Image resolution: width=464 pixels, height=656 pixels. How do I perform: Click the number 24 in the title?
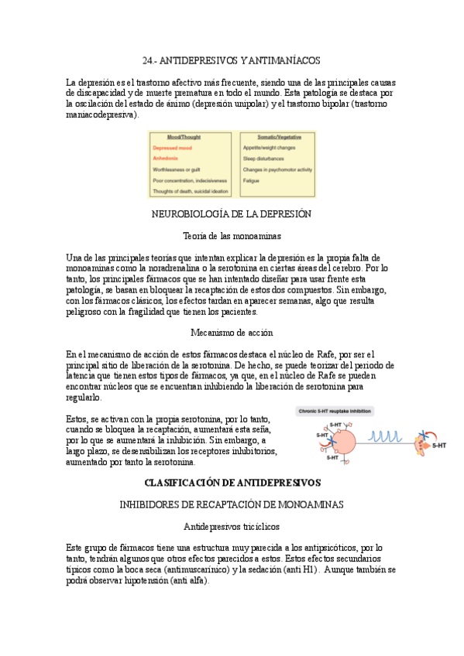click(149, 60)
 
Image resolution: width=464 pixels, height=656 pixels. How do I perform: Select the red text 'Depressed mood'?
click(173, 147)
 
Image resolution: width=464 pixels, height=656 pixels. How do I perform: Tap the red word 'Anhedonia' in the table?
click(166, 158)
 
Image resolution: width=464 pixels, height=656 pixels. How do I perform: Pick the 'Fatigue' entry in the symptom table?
click(251, 180)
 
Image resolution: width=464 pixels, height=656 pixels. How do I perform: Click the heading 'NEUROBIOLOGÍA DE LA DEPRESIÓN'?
click(232, 213)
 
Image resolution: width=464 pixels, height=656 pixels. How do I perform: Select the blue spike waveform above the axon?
click(384, 437)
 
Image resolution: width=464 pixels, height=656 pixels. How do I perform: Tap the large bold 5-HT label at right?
click(438, 446)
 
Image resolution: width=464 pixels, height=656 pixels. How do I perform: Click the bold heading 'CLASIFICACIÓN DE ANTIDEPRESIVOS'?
click(232, 483)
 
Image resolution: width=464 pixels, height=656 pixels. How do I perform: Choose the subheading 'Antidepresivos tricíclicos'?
click(232, 526)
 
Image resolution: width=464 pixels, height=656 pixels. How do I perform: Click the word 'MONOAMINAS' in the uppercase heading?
click(314, 504)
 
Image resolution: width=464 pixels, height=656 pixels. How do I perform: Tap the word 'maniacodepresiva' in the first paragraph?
click(101, 114)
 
